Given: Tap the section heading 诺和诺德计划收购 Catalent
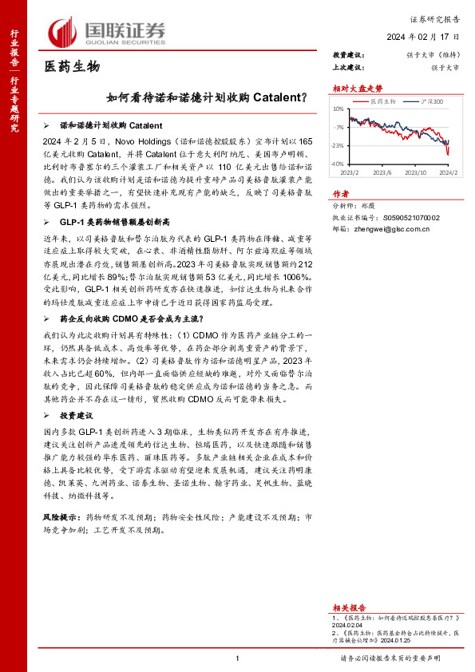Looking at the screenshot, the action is (112, 126).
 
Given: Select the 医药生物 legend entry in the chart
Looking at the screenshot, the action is (383, 101).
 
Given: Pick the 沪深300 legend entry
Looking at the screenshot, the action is (433, 101).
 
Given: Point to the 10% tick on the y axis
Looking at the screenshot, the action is (338, 109).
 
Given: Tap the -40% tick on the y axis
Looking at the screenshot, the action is (338, 164).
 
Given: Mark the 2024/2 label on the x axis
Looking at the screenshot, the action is (449, 172).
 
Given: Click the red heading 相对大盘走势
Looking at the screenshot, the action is (353, 89).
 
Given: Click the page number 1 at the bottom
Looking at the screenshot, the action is (238, 658).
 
